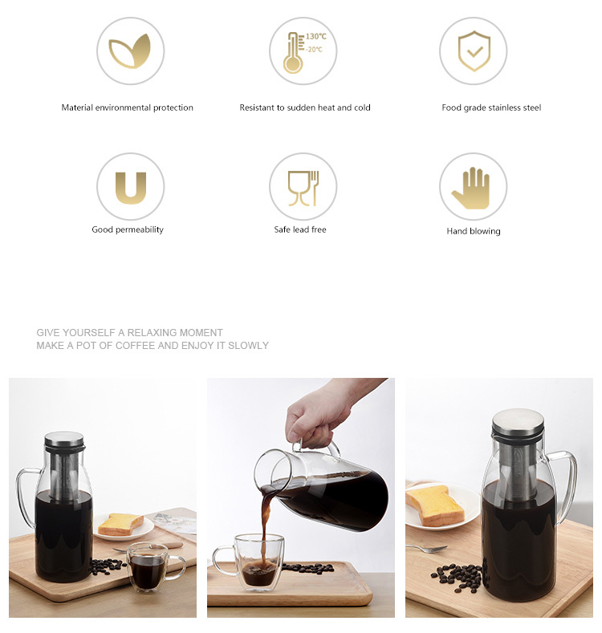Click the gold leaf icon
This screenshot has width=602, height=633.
[130, 51]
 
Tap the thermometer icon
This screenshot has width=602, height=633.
[294, 53]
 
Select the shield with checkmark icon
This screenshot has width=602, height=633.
[474, 51]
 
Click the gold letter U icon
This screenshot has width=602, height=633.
[131, 188]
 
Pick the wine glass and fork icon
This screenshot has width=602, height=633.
[303, 188]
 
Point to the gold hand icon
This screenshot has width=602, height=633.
[471, 189]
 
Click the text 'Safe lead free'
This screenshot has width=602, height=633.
[299, 229]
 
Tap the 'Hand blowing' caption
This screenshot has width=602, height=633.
[473, 231]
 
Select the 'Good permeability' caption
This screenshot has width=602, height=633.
[128, 229]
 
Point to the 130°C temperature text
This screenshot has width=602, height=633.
[316, 36]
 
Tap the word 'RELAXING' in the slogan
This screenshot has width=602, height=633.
[152, 333]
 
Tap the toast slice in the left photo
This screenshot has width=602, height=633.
[121, 524]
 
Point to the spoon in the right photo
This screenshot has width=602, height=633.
[427, 548]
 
